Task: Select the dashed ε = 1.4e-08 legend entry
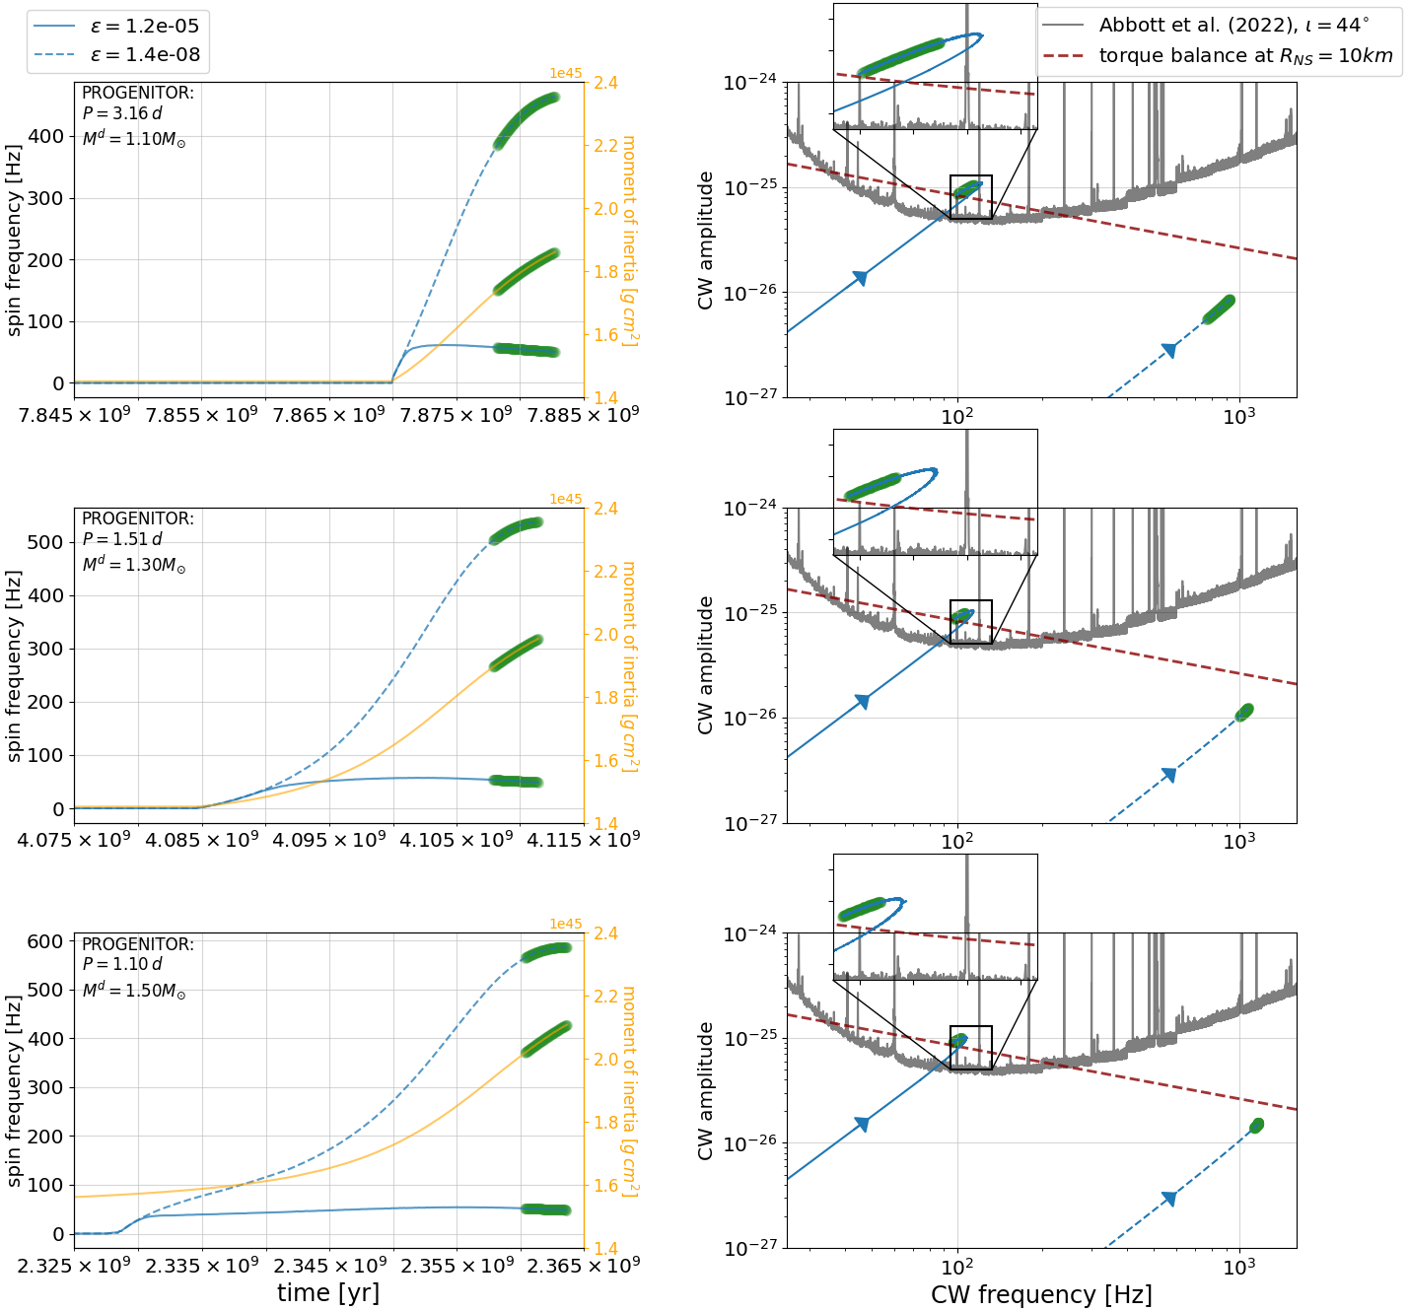[118, 55]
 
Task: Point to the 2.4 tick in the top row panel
[606, 83]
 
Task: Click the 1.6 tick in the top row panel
[606, 335]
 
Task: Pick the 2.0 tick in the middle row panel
[606, 635]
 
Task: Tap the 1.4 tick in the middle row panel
[606, 824]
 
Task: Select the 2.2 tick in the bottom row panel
[606, 997]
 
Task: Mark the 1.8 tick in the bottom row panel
[606, 1123]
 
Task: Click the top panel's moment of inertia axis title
[629, 241]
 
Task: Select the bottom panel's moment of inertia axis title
[629, 1092]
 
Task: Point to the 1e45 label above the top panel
[566, 74]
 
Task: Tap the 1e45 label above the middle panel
[566, 500]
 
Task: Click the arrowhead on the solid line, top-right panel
[860, 278]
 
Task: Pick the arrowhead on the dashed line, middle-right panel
[1169, 775]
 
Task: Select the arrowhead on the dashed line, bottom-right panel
[1169, 1199]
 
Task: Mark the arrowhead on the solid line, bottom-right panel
[862, 1125]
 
